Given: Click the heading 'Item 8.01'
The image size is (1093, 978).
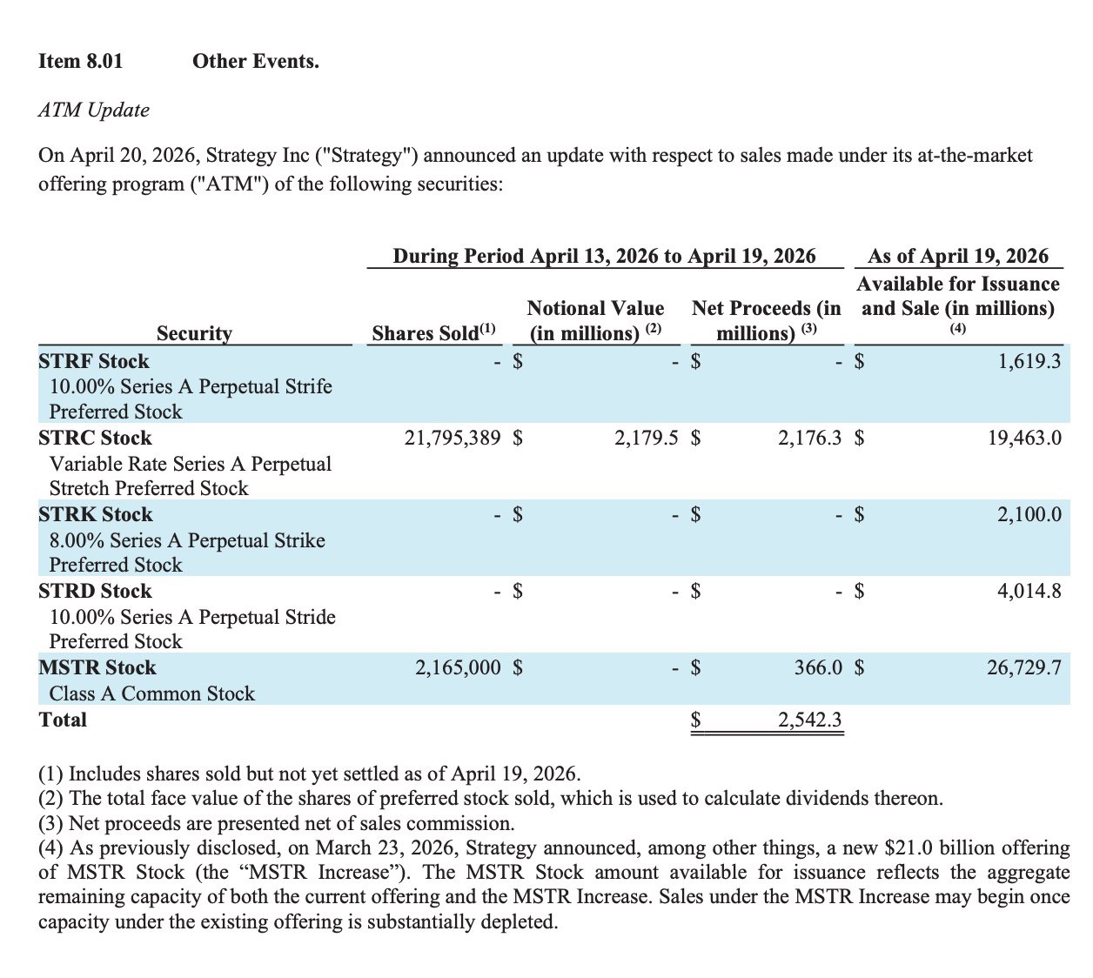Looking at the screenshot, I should tap(81, 61).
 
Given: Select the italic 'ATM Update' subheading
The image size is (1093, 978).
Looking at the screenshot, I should tap(94, 110).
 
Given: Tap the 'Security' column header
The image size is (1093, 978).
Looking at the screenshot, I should tap(194, 333).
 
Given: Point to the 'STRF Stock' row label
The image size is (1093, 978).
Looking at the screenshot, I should tap(94, 361).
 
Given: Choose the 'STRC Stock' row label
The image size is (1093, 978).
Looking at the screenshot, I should tap(95, 438).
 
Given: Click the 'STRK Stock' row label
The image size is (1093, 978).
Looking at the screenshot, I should tap(95, 514).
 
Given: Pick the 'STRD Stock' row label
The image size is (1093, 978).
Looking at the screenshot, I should tap(95, 591).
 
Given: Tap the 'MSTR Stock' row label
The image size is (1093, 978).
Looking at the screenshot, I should tap(97, 667).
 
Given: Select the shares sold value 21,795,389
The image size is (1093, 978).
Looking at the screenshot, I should tap(453, 438).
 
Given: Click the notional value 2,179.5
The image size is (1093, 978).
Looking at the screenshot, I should tap(646, 438).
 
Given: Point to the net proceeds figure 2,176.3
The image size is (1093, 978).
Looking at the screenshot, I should tap(809, 438).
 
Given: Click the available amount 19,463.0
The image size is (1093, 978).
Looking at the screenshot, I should tap(1024, 438).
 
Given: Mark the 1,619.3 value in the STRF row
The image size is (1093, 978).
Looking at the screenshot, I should tap(1029, 361).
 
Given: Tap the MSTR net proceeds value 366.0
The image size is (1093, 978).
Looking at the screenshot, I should tap(818, 667).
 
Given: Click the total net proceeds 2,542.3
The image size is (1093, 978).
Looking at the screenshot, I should tap(809, 720).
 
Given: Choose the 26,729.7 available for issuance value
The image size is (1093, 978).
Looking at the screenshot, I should tap(1024, 667).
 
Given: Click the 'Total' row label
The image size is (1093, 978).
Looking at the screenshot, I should tap(63, 720).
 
